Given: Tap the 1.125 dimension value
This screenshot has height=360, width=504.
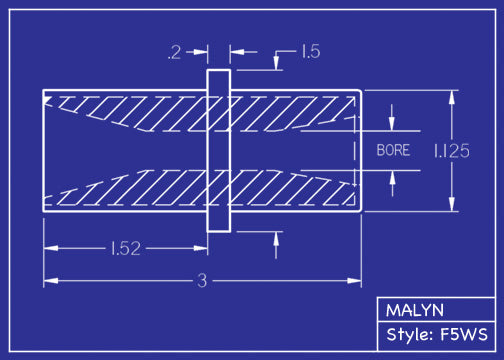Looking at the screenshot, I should click(x=452, y=151).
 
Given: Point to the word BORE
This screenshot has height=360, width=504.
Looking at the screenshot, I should click(x=393, y=151).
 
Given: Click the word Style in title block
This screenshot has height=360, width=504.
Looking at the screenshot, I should click(x=407, y=334).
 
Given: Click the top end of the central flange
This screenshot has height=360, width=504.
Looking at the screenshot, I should click(x=219, y=72).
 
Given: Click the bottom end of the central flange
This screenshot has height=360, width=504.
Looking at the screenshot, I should click(x=219, y=230).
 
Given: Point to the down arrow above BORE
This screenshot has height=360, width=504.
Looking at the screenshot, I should click(x=392, y=125).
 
